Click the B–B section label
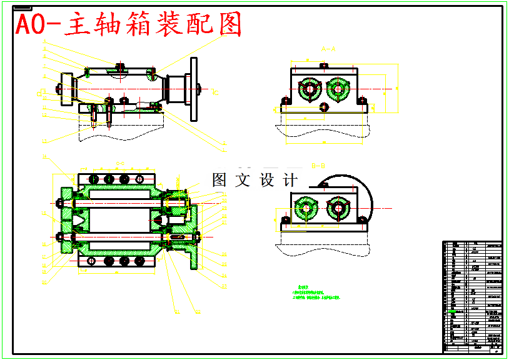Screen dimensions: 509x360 tap(319, 166)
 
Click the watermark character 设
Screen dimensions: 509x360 tap(267, 180)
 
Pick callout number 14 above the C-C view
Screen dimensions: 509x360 tap(44, 156)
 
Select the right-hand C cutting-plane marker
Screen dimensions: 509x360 tap(215, 93)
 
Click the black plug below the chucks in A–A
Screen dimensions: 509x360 tap(323, 107)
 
